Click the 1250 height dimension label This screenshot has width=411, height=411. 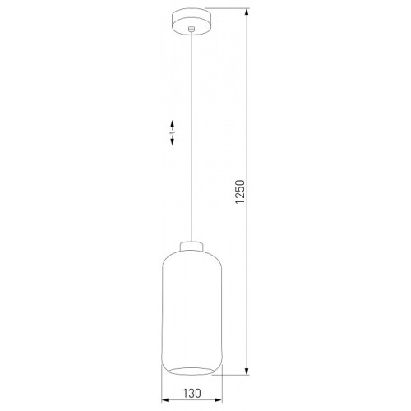(240, 192)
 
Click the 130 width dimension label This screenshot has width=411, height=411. (192, 393)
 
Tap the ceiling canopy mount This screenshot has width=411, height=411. (192, 22)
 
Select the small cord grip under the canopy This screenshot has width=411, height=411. (192, 29)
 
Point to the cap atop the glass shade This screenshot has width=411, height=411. (192, 246)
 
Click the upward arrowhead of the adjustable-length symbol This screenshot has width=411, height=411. (173, 124)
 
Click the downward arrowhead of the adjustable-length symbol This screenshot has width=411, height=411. (173, 141)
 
